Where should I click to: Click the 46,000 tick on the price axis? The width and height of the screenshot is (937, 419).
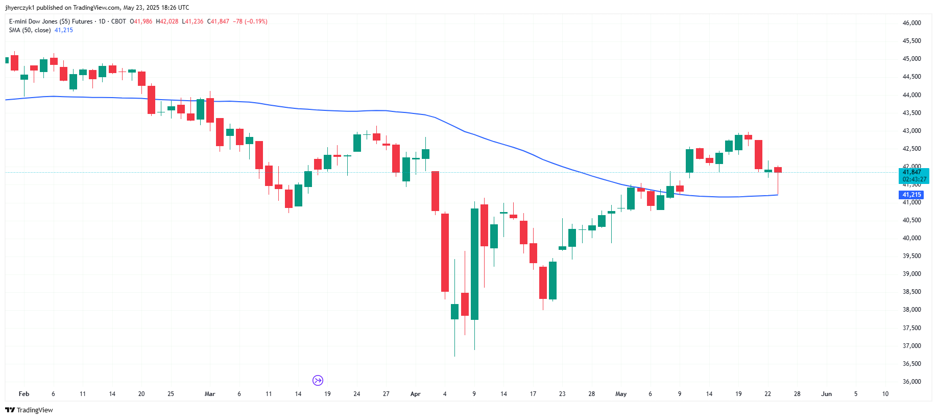click(911, 23)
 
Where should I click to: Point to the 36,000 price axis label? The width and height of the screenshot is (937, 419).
click(911, 382)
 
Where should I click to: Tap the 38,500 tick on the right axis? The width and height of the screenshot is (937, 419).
click(911, 292)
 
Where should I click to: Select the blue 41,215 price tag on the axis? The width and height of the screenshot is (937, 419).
click(911, 195)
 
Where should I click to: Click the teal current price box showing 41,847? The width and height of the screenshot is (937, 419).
click(913, 176)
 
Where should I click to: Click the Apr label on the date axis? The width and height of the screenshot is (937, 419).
click(415, 394)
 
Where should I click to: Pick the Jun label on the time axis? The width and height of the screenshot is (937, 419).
click(826, 394)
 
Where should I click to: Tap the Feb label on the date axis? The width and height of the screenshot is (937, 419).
click(23, 394)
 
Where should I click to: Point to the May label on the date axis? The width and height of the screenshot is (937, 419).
click(620, 394)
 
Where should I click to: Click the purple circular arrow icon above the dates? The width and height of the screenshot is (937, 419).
click(318, 380)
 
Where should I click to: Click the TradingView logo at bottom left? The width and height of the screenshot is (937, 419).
click(29, 410)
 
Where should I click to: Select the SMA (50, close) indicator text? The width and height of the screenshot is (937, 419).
click(30, 30)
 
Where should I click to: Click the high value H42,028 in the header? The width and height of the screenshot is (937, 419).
click(167, 21)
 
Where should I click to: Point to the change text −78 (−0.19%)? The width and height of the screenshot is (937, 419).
click(250, 21)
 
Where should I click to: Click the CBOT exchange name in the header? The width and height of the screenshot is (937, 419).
click(118, 21)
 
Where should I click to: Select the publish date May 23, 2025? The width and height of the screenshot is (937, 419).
click(141, 8)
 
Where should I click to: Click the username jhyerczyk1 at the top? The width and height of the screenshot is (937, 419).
click(19, 8)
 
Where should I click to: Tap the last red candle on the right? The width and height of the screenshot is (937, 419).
click(778, 170)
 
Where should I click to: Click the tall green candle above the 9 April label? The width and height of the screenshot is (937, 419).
click(474, 264)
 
